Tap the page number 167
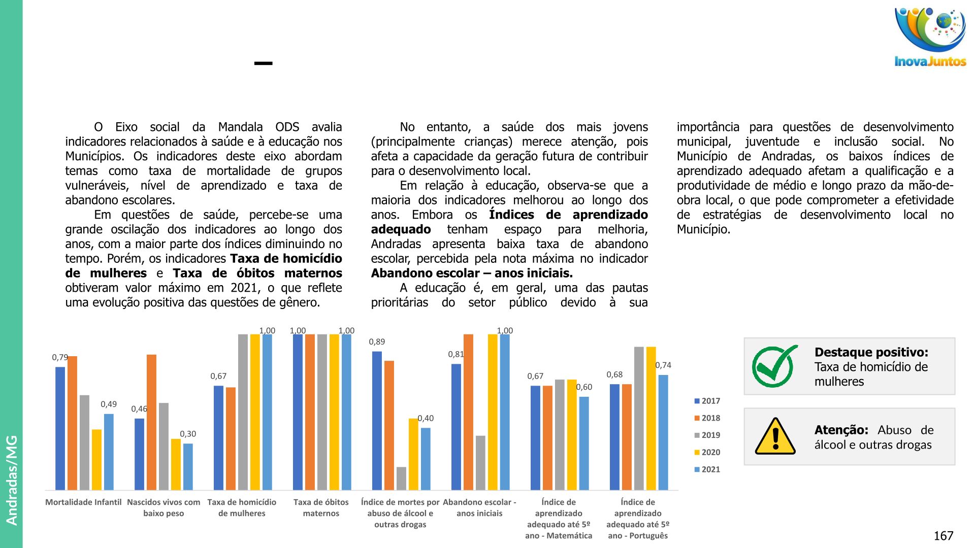(944, 536)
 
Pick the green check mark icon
(774, 366)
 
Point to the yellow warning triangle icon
(775, 437)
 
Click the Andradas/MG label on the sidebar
(12, 479)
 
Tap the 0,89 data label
(377, 342)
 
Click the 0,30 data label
(188, 434)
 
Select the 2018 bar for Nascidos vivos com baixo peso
(151, 422)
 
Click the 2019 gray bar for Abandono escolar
(480, 462)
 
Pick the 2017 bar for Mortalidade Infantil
(60, 428)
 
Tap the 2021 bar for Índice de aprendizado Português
(663, 432)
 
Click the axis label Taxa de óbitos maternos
(321, 507)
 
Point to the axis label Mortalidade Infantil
(83, 502)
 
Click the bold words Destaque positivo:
(871, 352)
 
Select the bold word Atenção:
(841, 430)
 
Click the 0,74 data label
(663, 365)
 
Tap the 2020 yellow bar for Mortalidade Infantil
(96, 460)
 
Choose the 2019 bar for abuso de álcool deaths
(401, 478)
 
